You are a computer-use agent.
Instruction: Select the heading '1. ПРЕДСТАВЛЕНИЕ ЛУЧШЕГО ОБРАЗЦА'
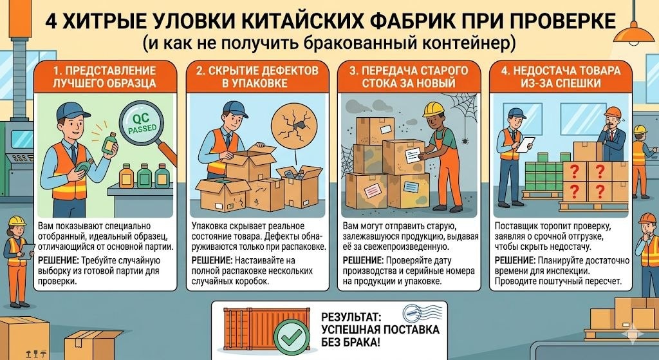tap(95, 77)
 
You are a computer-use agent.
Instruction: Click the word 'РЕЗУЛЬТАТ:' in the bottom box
tap(348, 317)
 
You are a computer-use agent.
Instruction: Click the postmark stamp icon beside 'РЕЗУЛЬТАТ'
tap(417, 314)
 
